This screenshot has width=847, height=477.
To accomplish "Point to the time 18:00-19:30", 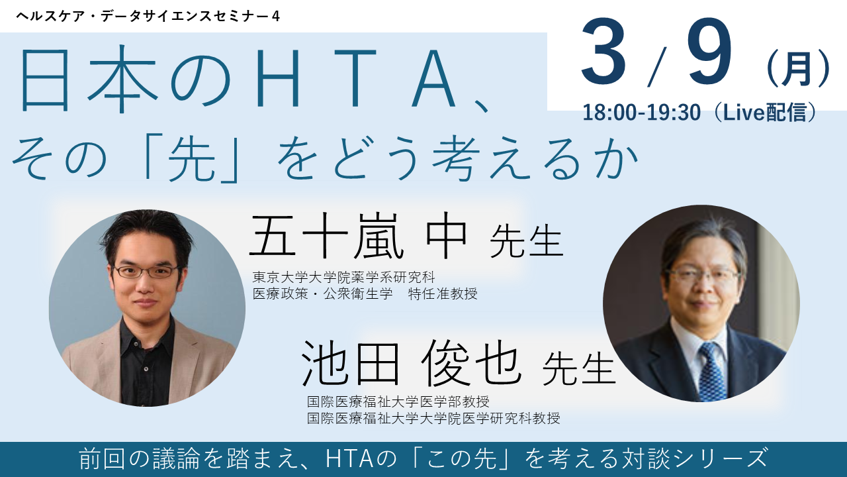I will click(x=641, y=113).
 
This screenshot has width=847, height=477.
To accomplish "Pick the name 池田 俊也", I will click(x=411, y=364).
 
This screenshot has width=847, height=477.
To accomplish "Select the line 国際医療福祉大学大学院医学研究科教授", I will click(x=433, y=418).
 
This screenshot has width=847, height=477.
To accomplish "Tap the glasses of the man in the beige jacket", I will click(x=146, y=271).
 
